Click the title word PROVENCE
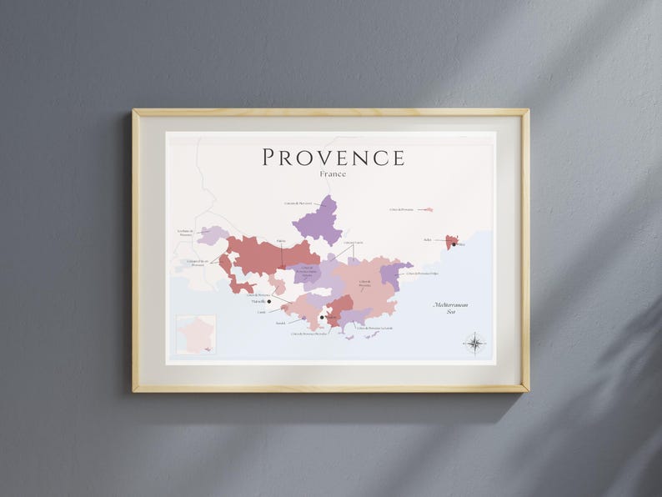[x=334, y=158]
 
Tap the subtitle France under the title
[x=333, y=174]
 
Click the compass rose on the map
[x=475, y=343]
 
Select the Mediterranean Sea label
[x=450, y=308]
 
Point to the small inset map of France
[x=196, y=334]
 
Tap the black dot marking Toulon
[x=322, y=318]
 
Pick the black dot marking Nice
[x=454, y=244]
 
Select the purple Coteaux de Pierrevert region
[x=317, y=222]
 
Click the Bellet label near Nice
[x=427, y=240]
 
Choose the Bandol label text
[x=281, y=323]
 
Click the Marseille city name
[x=258, y=302]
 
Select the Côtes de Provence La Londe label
[x=376, y=329]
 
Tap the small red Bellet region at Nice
[x=451, y=240]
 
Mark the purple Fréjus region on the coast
[x=391, y=274]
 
